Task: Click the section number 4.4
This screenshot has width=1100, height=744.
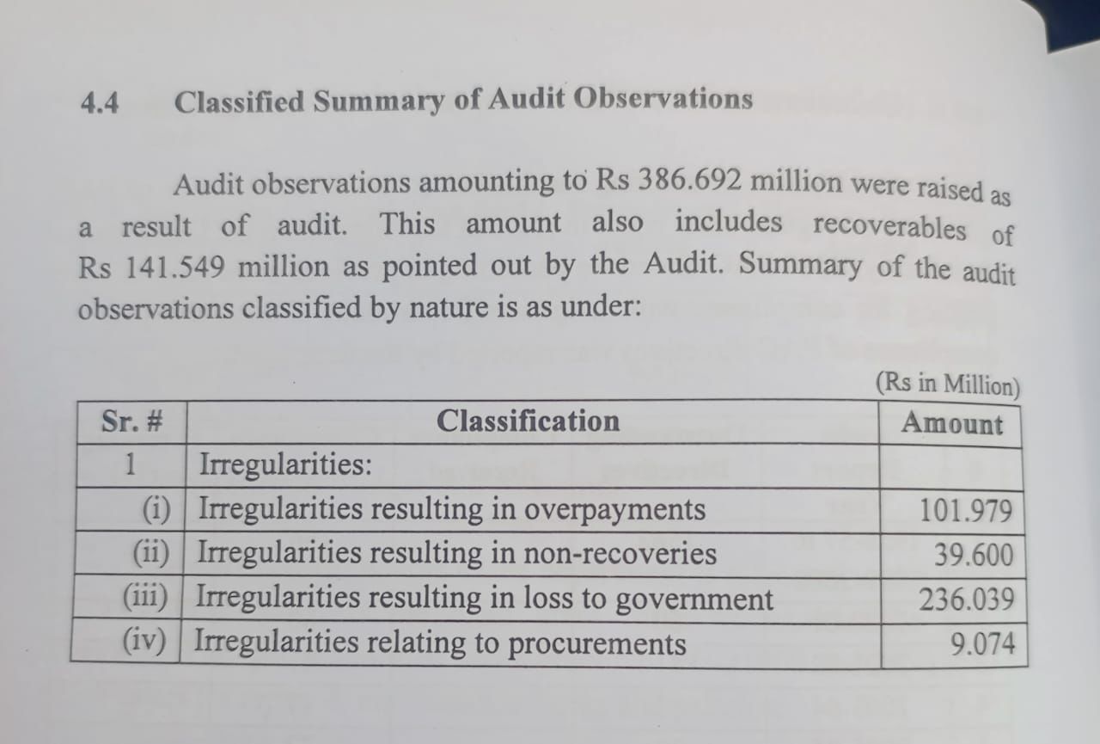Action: [100, 103]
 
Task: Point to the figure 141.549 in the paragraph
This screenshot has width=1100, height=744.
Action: [176, 267]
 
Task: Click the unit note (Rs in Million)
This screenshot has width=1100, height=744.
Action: [947, 383]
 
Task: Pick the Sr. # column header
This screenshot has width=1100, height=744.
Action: [132, 421]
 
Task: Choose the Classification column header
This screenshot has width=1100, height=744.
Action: [528, 421]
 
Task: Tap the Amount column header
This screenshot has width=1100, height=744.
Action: [952, 423]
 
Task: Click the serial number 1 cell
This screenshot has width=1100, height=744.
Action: [131, 464]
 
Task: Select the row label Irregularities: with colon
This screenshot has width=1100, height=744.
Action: [285, 465]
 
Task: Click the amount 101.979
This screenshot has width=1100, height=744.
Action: [966, 511]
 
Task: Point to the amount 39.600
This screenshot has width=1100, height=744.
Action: [974, 555]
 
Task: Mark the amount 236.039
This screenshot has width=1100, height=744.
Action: [966, 599]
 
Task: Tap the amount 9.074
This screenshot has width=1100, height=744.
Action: [982, 643]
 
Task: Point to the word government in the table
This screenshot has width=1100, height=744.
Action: [694, 600]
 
